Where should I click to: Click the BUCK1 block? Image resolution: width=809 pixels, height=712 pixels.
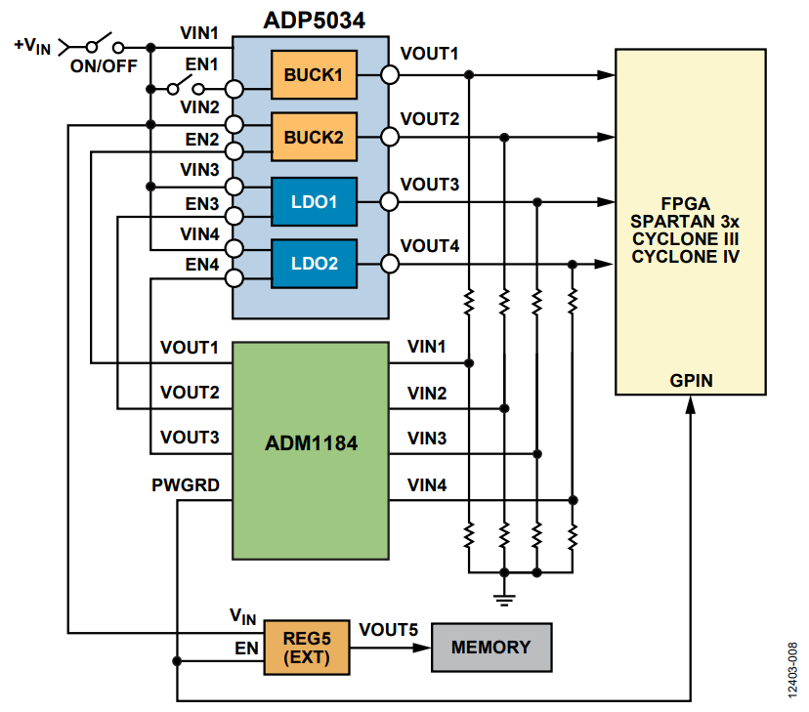coord(314,75)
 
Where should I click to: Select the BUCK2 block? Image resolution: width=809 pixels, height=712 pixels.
coord(314,138)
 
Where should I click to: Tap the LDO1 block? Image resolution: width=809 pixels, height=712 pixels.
coord(314,202)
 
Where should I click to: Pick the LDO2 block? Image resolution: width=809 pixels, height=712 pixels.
coord(314,264)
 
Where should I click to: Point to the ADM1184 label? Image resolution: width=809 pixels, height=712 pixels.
coord(311,442)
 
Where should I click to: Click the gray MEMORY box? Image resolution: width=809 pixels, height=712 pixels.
coord(490,648)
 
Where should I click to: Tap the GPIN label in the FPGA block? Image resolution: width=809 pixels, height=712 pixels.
coord(689,380)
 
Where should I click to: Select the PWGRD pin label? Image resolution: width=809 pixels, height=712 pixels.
coord(187,483)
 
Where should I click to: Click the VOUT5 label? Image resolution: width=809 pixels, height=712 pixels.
coord(389,630)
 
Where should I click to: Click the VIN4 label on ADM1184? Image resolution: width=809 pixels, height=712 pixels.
coord(427,483)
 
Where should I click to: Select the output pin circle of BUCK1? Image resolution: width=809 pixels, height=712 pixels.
coord(390,75)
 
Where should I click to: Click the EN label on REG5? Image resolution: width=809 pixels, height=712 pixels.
coord(246,647)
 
